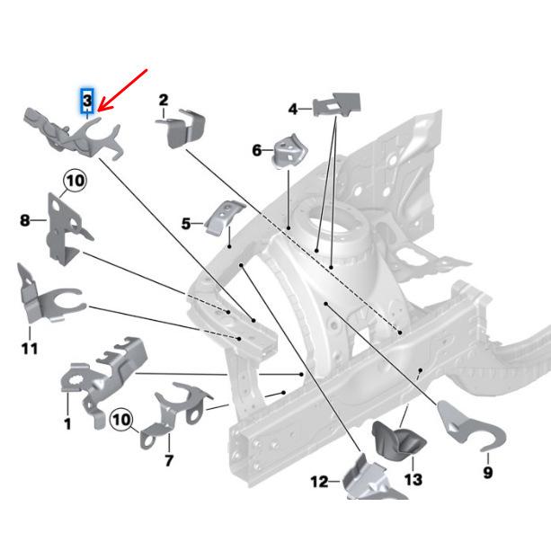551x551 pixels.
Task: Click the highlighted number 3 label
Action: point(87,98)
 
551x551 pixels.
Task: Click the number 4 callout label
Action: point(293,109)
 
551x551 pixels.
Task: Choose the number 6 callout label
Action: point(257,150)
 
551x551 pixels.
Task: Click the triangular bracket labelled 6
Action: point(289,148)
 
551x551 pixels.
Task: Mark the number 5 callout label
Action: point(186,223)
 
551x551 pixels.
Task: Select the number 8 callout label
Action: point(25,218)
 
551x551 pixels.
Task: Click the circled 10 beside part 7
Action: point(121,420)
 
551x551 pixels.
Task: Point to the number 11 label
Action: point(30,348)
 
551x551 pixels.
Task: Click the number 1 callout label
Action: point(67,423)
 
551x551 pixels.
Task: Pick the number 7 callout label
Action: point(168,461)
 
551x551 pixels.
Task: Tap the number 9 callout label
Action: point(488,470)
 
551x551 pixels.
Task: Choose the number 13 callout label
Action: point(413,480)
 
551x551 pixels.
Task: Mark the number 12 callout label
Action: point(319,483)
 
